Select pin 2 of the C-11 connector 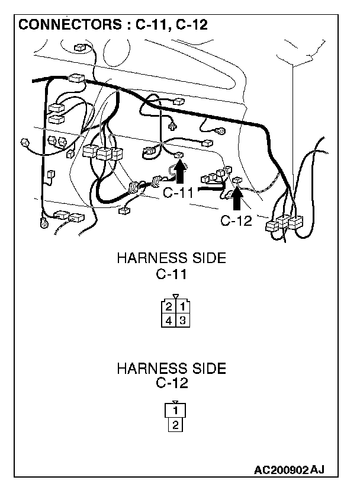(169, 307)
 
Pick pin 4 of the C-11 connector (169, 321)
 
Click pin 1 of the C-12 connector (176, 411)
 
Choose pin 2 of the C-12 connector (176, 424)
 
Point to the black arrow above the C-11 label (181, 173)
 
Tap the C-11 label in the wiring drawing (179, 193)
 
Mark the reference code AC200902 (281, 470)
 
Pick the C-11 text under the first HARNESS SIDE (172, 274)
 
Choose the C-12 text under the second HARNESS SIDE (172, 383)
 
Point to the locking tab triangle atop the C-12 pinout (176, 402)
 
